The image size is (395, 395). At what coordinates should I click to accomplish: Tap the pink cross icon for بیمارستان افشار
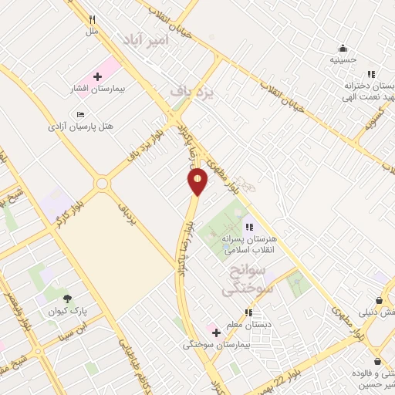(x=98, y=76)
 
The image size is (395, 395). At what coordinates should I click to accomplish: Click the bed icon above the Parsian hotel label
(x=81, y=114)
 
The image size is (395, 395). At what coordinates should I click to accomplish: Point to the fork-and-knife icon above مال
(x=93, y=20)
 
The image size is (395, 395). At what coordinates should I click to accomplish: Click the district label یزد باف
(x=191, y=90)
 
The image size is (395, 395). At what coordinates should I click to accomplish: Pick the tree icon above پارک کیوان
(x=67, y=299)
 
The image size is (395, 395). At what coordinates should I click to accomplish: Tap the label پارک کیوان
(x=67, y=311)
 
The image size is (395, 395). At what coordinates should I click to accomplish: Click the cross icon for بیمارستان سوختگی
(x=217, y=333)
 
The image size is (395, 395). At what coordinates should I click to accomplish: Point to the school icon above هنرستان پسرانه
(x=248, y=227)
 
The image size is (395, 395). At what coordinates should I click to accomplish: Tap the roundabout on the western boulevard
(x=102, y=184)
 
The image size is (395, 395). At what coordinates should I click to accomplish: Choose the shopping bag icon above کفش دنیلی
(x=379, y=300)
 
